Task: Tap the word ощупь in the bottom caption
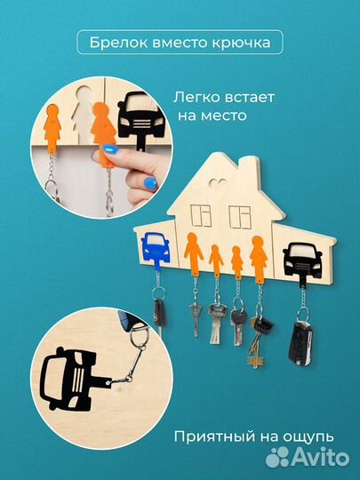[x=304, y=436]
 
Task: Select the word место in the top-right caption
[x=221, y=116]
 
